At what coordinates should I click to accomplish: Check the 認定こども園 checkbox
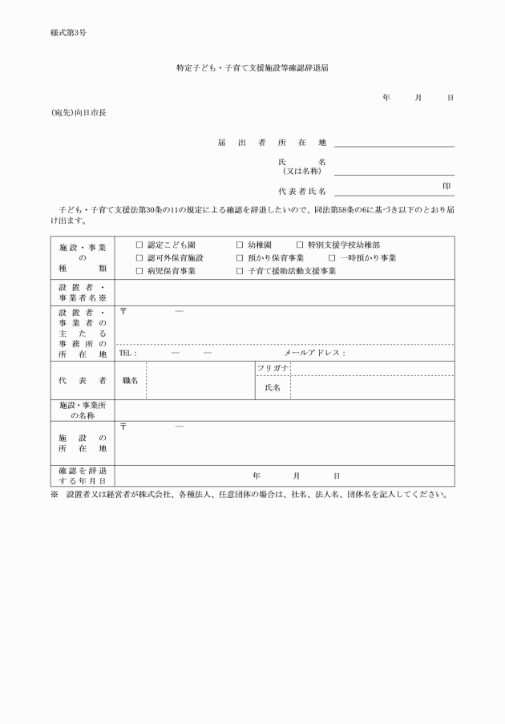coord(139,245)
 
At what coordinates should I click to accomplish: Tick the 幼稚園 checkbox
coord(240,245)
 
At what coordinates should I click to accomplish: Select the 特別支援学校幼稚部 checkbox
coord(300,245)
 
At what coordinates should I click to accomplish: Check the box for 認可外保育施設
coord(139,258)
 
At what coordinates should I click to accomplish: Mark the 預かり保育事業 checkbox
coord(240,258)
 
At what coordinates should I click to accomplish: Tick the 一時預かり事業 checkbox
coord(332,258)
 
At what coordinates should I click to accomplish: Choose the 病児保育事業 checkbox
coord(139,272)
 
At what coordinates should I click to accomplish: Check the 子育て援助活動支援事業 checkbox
coord(240,272)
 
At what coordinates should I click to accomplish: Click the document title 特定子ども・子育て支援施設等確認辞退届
coord(252,69)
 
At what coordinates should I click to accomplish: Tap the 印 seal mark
coord(446,186)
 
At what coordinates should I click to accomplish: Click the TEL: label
coord(127,353)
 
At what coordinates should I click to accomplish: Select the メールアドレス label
coord(314,353)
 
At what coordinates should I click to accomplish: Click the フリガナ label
coord(273,367)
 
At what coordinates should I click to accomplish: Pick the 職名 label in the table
coord(130,380)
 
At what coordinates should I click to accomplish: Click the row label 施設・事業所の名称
coord(83,411)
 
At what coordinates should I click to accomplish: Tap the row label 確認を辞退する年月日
coord(83,475)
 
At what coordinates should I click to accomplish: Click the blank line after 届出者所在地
coord(394,144)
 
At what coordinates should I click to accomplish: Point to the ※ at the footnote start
coord(54,494)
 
